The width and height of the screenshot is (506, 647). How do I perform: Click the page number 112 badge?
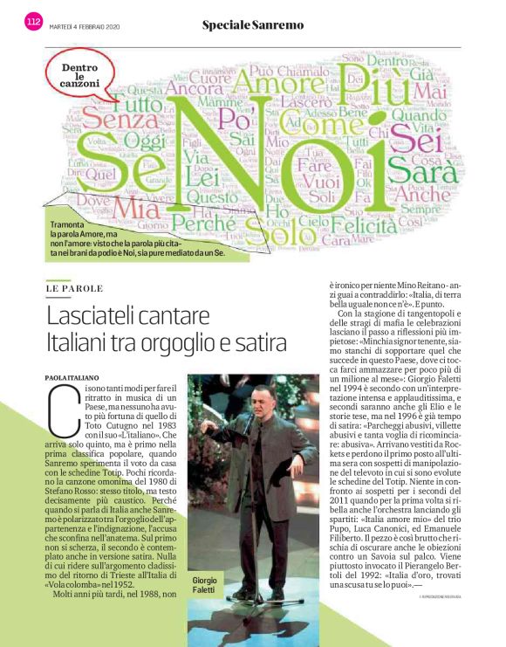(34, 24)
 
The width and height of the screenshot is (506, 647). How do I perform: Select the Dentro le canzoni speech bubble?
(79, 77)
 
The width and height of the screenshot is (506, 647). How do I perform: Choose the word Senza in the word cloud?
(113, 116)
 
